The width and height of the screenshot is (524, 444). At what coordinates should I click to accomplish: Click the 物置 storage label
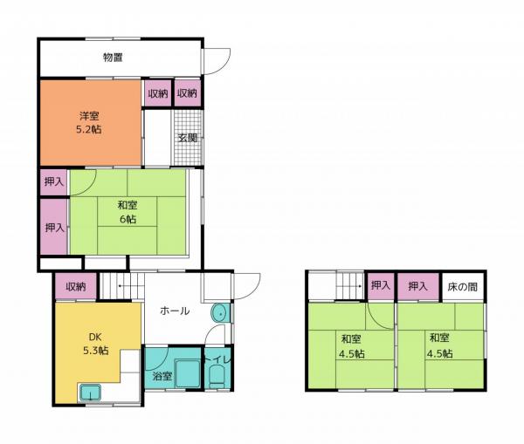113,58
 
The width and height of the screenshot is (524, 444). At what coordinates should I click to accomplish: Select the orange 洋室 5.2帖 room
88,122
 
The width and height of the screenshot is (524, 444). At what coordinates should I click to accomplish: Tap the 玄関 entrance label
188,138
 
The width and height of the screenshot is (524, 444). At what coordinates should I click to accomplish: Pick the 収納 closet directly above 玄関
188,93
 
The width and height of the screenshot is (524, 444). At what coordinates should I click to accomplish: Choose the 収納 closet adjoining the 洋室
158,93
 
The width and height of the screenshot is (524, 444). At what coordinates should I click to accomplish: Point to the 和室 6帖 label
128,212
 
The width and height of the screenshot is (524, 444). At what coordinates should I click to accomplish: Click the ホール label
175,311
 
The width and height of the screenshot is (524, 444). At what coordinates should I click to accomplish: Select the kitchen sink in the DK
92,392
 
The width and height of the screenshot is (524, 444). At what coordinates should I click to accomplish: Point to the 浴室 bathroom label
162,377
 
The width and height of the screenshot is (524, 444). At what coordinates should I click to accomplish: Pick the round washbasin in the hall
219,314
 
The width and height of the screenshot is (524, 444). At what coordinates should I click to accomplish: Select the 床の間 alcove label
462,286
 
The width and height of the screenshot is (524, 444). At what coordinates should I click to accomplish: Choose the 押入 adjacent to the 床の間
417,286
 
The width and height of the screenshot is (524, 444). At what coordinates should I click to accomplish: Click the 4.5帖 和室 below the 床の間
439,345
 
